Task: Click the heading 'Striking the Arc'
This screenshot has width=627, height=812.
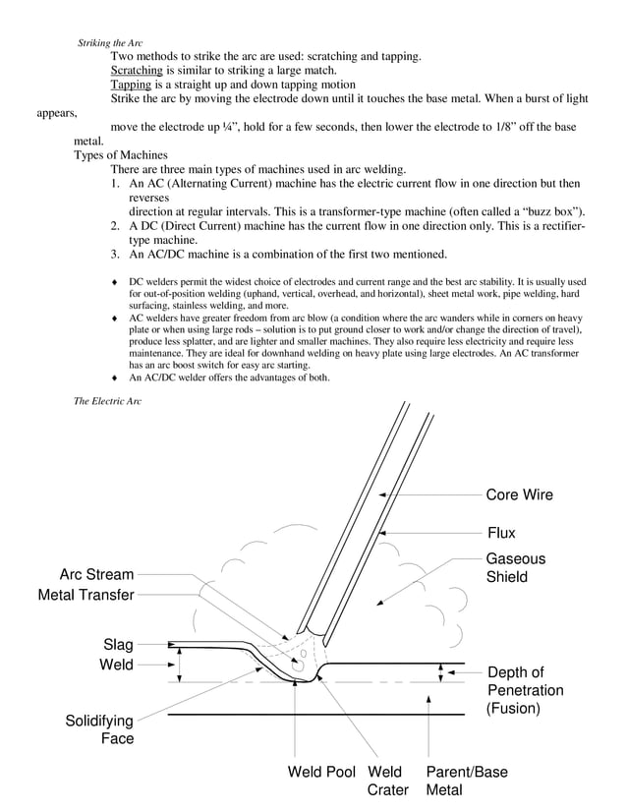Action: [x=109, y=43]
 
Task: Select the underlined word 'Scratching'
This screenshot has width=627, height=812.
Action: [x=137, y=71]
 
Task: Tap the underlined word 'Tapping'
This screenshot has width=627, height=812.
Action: [x=131, y=85]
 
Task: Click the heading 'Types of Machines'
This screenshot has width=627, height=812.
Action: [x=121, y=155]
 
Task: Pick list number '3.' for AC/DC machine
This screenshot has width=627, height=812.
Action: [x=116, y=255]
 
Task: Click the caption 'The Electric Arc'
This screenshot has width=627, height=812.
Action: [x=108, y=401]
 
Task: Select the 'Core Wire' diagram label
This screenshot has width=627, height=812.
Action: [x=519, y=494]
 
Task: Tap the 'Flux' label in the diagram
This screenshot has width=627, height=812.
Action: [x=501, y=533]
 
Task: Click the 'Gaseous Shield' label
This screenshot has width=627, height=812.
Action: [x=515, y=568]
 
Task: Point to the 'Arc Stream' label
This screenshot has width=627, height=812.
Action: [x=96, y=574]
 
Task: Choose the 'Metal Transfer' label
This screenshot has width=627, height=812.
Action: [x=85, y=595]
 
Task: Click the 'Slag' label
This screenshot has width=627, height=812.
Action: [x=118, y=645]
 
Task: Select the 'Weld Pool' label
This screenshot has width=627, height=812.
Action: [x=321, y=772]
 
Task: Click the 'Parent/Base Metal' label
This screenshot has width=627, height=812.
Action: [x=466, y=781]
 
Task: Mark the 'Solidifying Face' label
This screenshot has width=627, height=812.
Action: [x=99, y=729]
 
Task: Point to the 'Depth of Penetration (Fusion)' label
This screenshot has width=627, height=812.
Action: [x=525, y=690]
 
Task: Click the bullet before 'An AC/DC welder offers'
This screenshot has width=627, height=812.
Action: [x=116, y=378]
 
